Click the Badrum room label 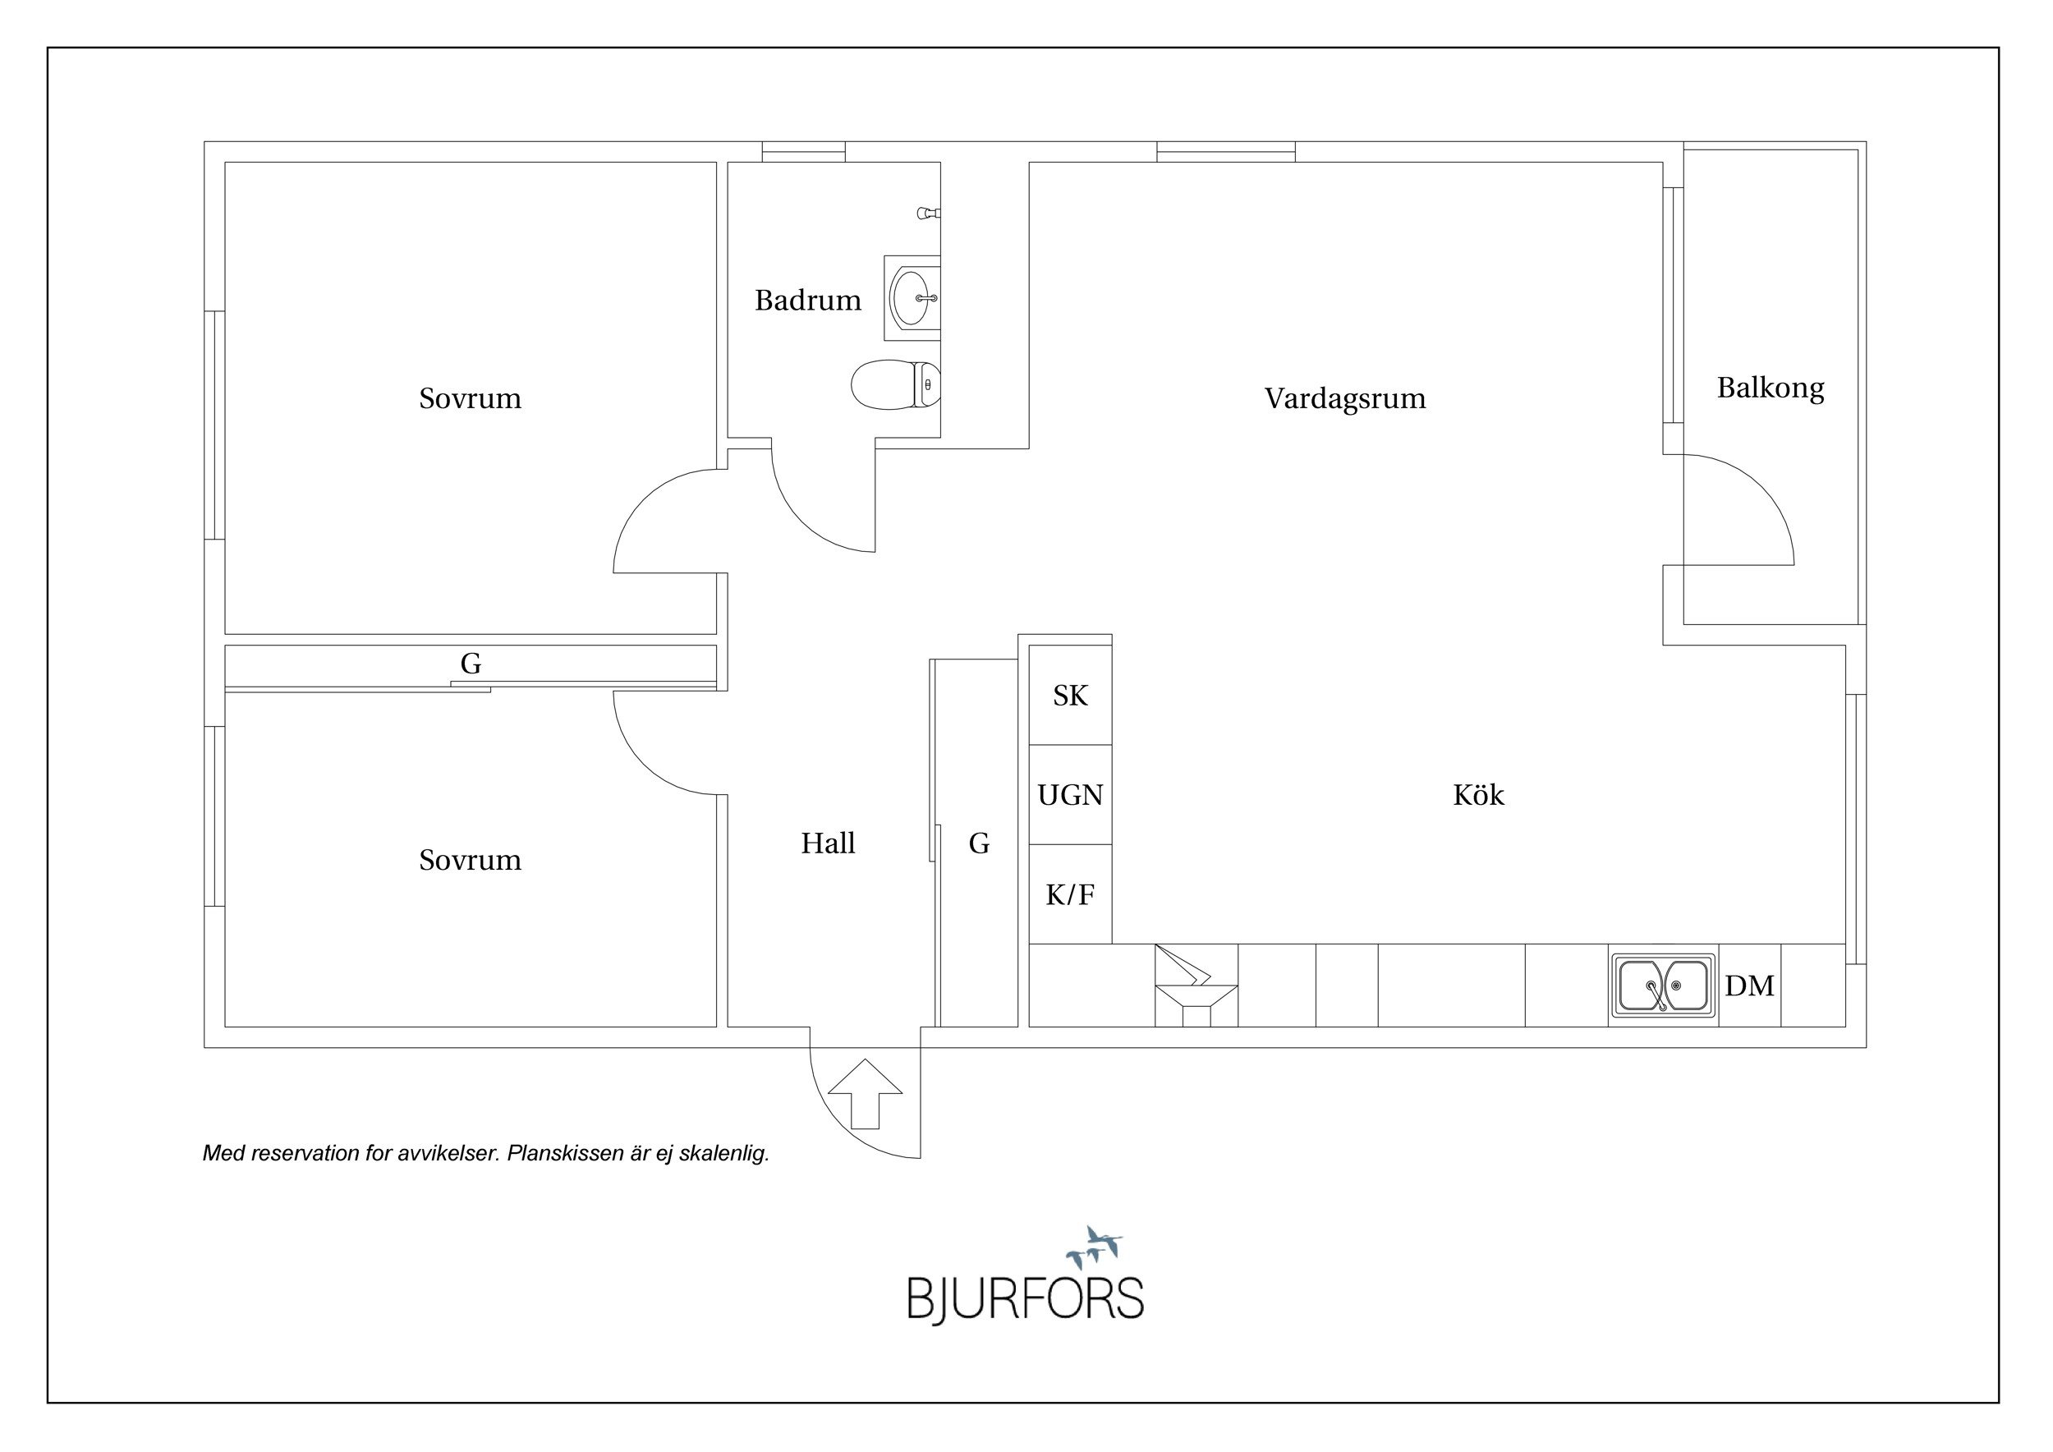pos(807,301)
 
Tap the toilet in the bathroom pos(895,385)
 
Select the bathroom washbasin pos(913,298)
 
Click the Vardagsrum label pos(1345,399)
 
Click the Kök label pos(1479,795)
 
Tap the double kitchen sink pos(1664,986)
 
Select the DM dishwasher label pos(1750,986)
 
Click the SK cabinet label pos(1070,696)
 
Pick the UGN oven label pos(1070,795)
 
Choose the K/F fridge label pos(1070,894)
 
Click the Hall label pos(828,843)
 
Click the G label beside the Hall pos(979,843)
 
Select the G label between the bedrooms pos(471,664)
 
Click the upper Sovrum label pos(471,399)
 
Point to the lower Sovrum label pos(471,860)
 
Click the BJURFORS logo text pos(1026,1300)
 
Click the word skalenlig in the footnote pos(723,1153)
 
